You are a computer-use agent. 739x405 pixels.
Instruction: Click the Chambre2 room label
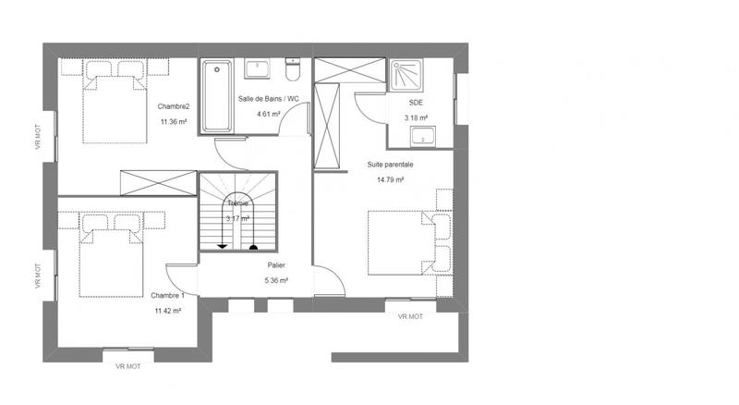[173, 105]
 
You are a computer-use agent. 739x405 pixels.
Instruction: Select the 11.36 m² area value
[173, 121]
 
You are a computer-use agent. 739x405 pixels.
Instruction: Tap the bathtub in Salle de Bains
[218, 95]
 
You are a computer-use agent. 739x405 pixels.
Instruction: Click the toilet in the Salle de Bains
[294, 70]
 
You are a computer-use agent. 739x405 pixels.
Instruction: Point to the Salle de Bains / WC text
[268, 99]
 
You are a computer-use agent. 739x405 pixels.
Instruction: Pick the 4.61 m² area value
[268, 114]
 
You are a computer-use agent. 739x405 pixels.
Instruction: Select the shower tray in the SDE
[406, 73]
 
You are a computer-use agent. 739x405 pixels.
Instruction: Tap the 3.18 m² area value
[416, 118]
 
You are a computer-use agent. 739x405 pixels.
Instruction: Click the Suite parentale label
[390, 165]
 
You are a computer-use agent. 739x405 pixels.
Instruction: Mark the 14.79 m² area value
[390, 179]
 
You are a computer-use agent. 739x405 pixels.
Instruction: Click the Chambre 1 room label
[167, 295]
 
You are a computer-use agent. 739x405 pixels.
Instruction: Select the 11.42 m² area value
[167, 311]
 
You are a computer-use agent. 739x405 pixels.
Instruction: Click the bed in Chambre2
[116, 102]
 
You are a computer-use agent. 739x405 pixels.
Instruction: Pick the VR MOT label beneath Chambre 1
[127, 366]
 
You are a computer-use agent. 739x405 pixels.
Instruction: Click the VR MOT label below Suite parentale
[410, 316]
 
